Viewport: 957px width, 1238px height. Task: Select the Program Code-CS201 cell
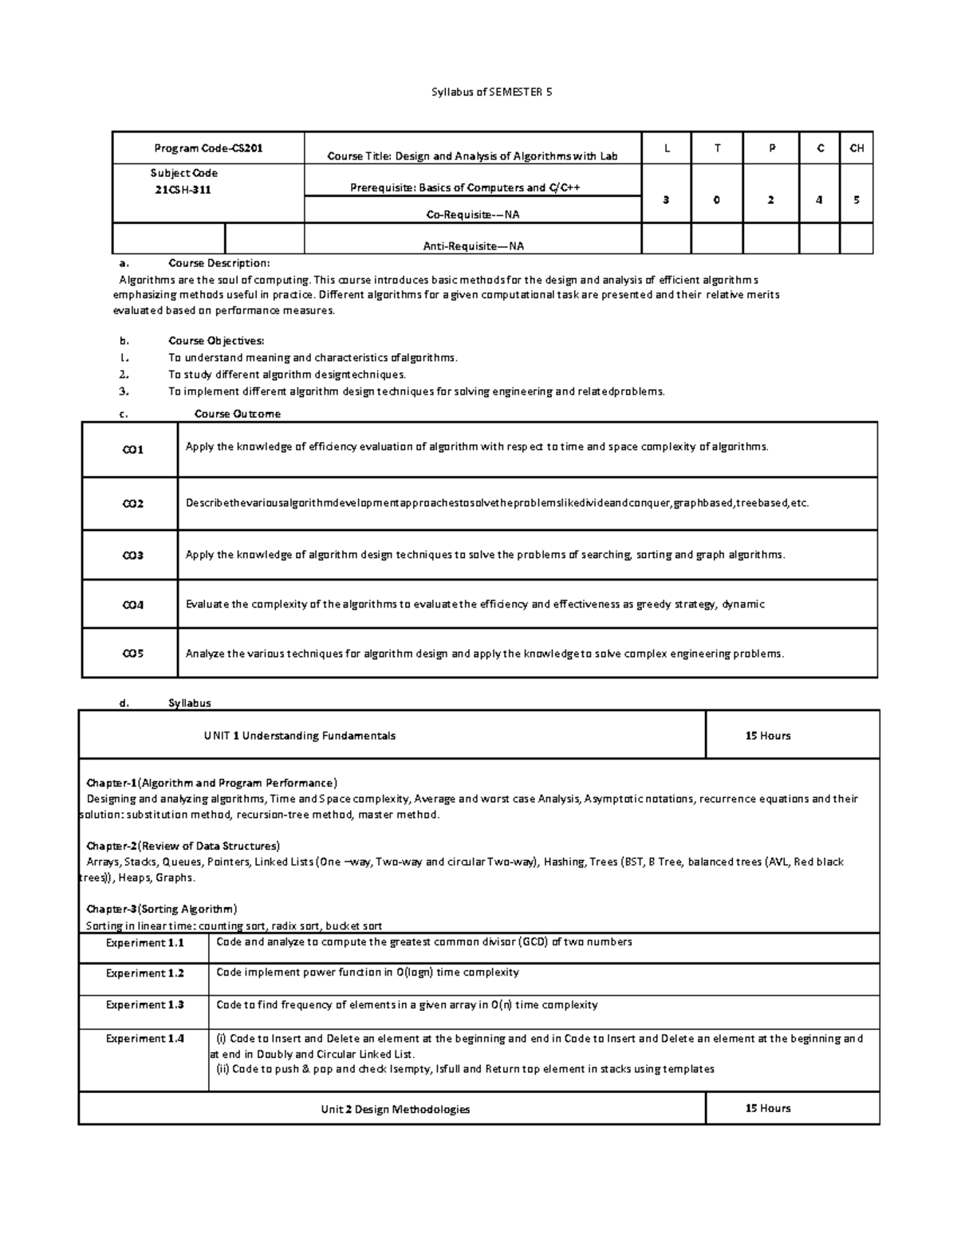coord(208,148)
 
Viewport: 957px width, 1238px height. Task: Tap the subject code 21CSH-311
coord(184,190)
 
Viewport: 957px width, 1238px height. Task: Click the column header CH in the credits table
coord(857,148)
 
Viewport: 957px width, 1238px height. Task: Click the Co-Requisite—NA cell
coord(473,214)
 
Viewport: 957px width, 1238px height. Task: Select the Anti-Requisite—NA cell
coord(473,246)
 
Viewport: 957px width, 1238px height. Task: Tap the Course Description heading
coord(219,263)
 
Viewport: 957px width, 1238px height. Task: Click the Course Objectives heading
coord(216,341)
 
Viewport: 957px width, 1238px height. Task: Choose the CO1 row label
coord(132,450)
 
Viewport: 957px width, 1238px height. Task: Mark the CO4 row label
coord(132,605)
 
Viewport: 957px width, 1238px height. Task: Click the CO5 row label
coord(132,654)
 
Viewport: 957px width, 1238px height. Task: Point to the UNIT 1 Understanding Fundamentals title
coord(300,736)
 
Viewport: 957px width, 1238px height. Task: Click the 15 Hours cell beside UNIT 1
coord(768,736)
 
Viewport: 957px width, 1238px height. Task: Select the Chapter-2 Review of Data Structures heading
coord(183,846)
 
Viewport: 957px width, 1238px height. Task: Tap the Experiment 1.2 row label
coord(144,973)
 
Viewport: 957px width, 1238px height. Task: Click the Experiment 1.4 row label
coord(144,1039)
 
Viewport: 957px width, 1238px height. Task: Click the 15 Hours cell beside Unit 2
coord(768,1108)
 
